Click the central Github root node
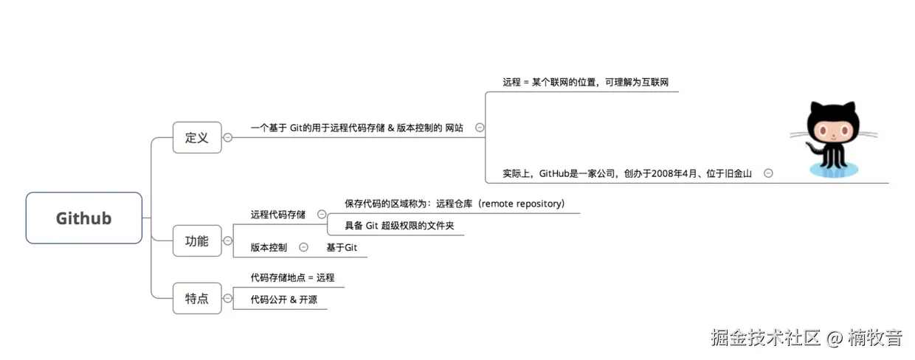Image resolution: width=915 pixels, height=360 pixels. [x=83, y=218]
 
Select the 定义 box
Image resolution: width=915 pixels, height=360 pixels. [x=197, y=137]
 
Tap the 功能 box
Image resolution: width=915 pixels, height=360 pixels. [x=197, y=240]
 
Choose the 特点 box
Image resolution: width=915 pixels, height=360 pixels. [x=197, y=298]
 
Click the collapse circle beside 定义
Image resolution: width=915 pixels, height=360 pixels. [x=227, y=137]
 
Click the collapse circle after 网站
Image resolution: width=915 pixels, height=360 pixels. [x=480, y=128]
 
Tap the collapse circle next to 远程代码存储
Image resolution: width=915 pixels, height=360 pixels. [x=322, y=214]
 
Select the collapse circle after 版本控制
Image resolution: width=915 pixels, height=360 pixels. [x=303, y=247]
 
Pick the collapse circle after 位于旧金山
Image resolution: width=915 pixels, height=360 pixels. [x=768, y=173]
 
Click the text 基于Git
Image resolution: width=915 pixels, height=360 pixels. [x=342, y=247]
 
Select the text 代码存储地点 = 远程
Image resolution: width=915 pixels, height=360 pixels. [x=292, y=277]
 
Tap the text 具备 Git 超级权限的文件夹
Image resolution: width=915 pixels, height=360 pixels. [x=399, y=226]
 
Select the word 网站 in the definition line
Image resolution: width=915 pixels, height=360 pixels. [x=454, y=128]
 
